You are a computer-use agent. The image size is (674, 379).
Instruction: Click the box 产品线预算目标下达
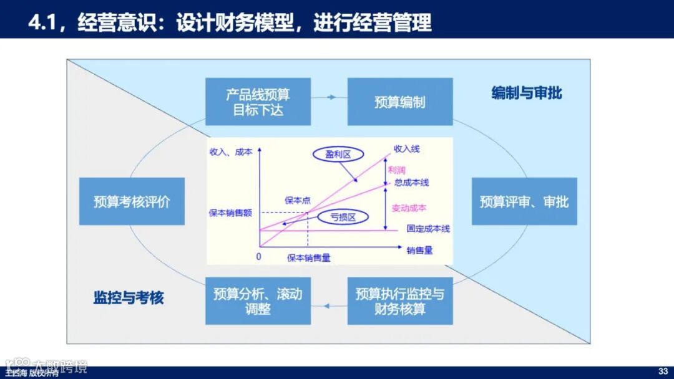click(258, 102)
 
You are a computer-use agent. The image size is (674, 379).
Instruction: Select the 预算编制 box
click(400, 102)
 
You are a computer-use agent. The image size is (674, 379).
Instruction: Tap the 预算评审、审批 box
click(524, 201)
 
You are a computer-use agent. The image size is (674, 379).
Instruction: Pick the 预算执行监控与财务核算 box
click(400, 301)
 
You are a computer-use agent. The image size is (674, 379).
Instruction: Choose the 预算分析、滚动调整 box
click(258, 301)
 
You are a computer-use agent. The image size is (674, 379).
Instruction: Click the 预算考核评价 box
click(132, 201)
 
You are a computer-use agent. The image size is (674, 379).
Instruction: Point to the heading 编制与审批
click(527, 93)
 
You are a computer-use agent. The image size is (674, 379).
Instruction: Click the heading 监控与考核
click(129, 297)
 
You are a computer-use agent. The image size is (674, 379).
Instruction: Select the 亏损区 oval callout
click(343, 217)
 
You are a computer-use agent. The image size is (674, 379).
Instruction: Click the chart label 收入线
click(407, 149)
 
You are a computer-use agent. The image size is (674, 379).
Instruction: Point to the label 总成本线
click(411, 182)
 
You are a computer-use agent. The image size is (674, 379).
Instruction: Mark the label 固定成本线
click(428, 229)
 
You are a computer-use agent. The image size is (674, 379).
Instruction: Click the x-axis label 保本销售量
click(308, 257)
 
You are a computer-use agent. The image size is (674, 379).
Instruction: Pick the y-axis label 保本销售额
click(230, 213)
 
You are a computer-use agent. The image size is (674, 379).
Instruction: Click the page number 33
click(663, 372)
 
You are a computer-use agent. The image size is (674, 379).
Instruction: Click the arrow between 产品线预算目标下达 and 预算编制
click(329, 97)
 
